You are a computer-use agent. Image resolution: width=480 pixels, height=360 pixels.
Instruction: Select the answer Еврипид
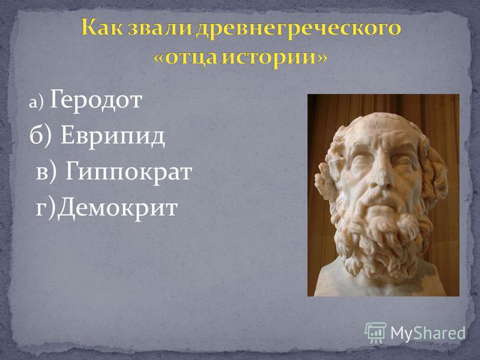coord(113,136)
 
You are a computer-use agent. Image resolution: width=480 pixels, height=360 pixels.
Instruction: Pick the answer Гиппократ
coord(128,171)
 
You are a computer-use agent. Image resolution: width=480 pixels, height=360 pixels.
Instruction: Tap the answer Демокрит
coord(118,208)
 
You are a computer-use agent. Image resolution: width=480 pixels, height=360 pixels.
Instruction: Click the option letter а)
coord(37,103)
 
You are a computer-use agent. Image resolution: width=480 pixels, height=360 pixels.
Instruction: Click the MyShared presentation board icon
coord(375,333)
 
